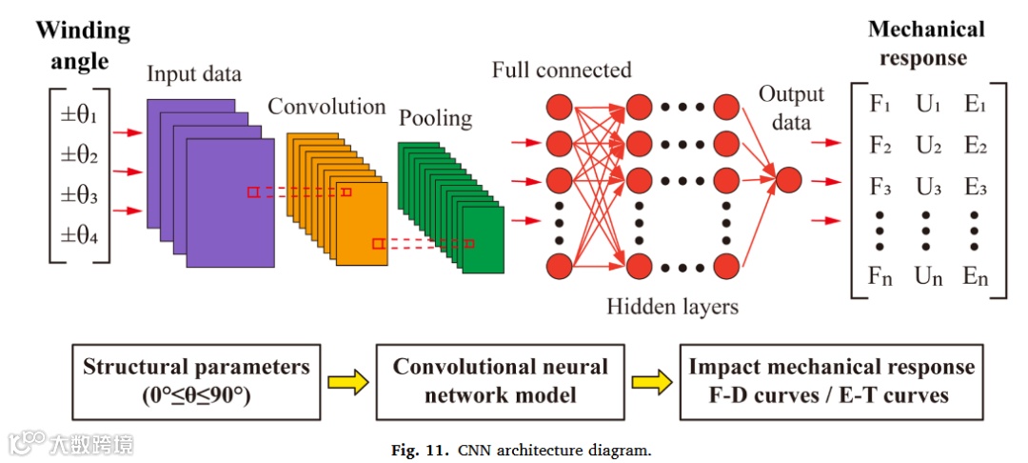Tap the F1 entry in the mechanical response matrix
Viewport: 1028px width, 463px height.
click(x=880, y=104)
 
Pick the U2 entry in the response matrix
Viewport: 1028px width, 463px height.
click(x=929, y=146)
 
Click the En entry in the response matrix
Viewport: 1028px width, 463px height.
click(x=976, y=277)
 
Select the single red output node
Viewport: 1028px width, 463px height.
click(x=789, y=179)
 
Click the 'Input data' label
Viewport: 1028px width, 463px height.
click(x=194, y=74)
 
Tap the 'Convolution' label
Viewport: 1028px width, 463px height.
click(x=326, y=106)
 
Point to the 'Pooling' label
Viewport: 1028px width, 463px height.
click(x=435, y=118)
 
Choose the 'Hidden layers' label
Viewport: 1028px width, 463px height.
click(x=673, y=306)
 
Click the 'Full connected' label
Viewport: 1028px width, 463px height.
click(x=562, y=70)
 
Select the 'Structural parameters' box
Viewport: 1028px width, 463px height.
click(x=195, y=379)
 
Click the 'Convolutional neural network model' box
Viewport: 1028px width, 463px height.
click(x=501, y=379)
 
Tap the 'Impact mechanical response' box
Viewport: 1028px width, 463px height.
click(x=831, y=379)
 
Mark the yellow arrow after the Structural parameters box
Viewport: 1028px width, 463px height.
click(x=347, y=382)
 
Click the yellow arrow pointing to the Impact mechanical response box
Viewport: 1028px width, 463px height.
click(x=651, y=382)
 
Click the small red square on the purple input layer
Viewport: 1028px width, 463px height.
click(x=252, y=192)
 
